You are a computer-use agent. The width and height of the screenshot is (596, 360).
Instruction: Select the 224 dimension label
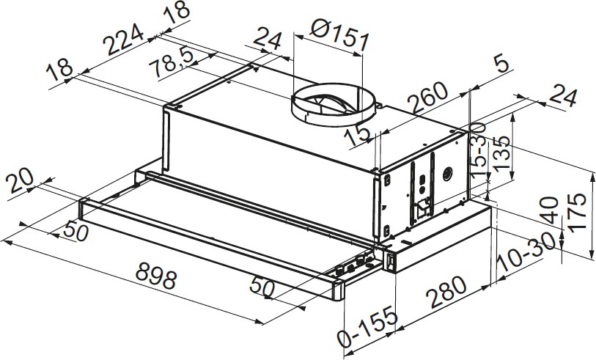pyautogui.click(x=125, y=39)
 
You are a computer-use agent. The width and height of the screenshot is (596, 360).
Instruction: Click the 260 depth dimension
pyautogui.click(x=427, y=97)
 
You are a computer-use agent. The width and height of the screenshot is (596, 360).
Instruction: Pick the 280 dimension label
pyautogui.click(x=446, y=292)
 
